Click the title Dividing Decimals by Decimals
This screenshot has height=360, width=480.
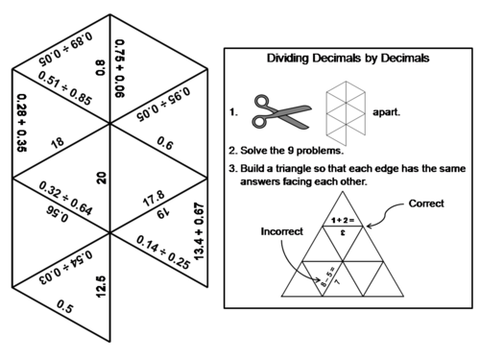(347, 60)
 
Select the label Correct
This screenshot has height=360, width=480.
(425, 204)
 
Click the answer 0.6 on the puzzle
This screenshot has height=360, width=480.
(164, 146)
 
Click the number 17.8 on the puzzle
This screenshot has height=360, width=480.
(153, 202)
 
